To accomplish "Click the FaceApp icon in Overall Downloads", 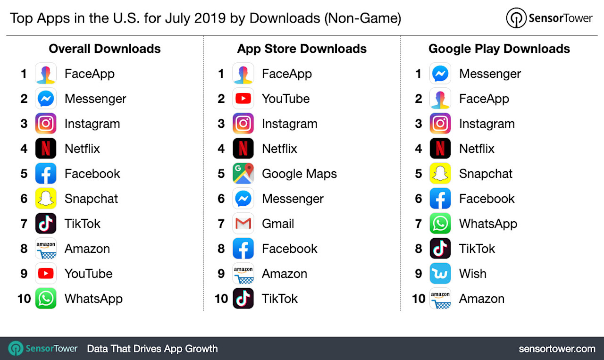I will point(46,74).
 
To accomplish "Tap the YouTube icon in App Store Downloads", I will point(243,99).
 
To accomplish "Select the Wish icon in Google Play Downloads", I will point(440,274).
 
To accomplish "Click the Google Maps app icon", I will point(243,174).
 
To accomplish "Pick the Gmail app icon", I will point(243,224).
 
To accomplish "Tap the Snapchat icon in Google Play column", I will point(440,174).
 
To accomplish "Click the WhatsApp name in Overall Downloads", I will point(93,299).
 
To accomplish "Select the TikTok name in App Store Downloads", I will point(280,299).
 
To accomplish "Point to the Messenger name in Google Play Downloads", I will point(490,74).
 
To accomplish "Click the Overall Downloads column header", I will point(105,49).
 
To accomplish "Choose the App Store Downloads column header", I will point(302,49).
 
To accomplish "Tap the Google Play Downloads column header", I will point(499,49).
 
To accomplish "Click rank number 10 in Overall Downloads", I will point(24,299).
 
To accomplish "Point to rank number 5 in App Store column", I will point(221,174).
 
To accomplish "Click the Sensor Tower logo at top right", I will point(549,18).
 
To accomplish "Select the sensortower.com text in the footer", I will point(557,349).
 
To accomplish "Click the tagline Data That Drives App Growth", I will point(152,349).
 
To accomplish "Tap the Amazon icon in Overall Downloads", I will point(46,249).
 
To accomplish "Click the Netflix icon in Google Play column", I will point(440,149).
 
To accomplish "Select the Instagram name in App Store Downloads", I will point(289,124).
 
